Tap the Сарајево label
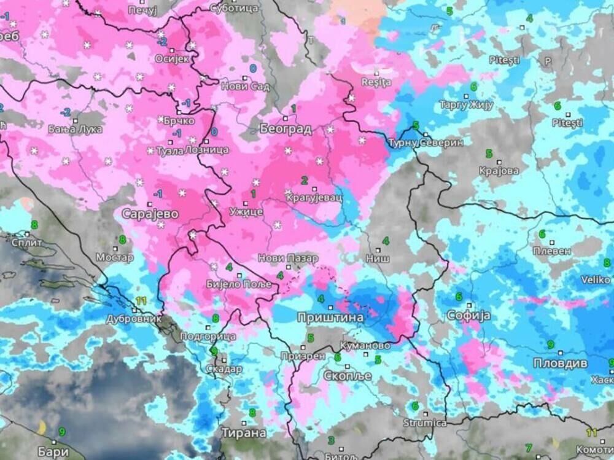tap(150, 214)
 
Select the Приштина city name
tap(330, 318)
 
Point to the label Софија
tap(469, 316)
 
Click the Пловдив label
tap(559, 362)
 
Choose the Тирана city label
tap(244, 432)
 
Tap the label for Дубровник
tap(133, 319)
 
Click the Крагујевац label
tap(313, 198)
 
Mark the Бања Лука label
tap(69, 130)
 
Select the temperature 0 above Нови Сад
tap(253, 68)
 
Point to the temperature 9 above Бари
tap(61, 432)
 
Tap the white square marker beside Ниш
tap(378, 250)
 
